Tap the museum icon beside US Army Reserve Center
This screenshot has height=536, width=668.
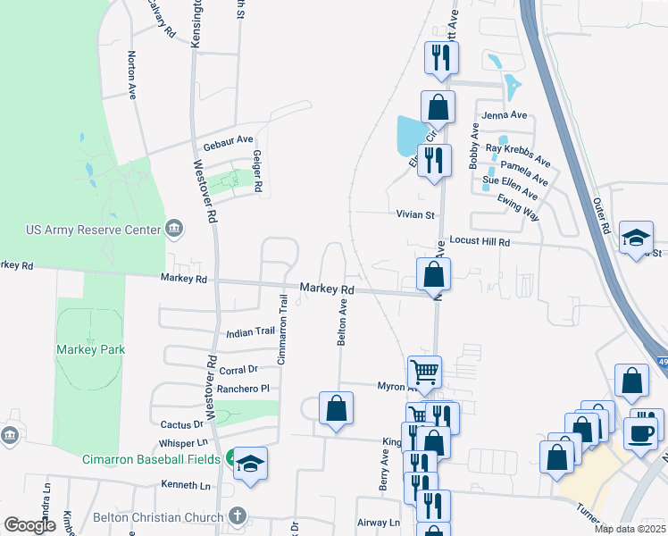click(175, 230)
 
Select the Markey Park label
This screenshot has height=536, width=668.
click(90, 349)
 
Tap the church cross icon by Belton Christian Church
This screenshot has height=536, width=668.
click(237, 516)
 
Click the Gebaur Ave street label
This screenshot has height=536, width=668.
click(229, 140)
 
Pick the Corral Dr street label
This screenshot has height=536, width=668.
click(239, 368)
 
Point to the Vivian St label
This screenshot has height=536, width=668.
click(415, 214)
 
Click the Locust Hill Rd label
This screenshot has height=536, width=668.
click(479, 242)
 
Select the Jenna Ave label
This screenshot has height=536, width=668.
click(505, 115)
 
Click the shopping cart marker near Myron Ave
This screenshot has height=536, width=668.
click(425, 371)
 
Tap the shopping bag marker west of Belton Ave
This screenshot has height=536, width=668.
click(336, 408)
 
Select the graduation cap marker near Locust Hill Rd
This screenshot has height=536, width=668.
click(636, 237)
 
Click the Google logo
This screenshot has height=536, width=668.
click(29, 526)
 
